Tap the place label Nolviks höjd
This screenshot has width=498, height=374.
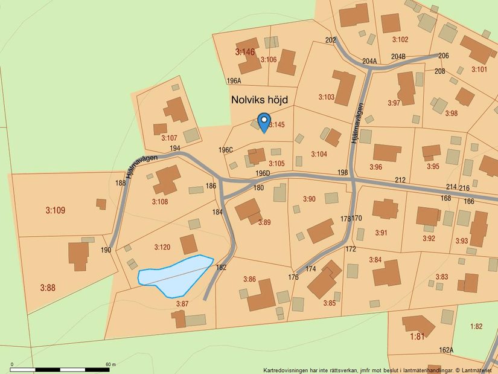pyautogui.click(x=260, y=100)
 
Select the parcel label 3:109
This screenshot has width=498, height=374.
pyautogui.click(x=55, y=210)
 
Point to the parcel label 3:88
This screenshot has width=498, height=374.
pyautogui.click(x=48, y=288)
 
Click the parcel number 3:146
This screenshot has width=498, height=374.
pyautogui.click(x=245, y=52)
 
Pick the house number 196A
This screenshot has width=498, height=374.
pyautogui.click(x=234, y=80)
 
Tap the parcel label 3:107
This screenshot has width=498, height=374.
pyautogui.click(x=169, y=138)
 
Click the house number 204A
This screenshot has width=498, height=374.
pyautogui.click(x=369, y=61)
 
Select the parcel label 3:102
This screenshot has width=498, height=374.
pyautogui.click(x=400, y=39)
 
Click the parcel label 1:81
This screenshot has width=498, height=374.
pyautogui.click(x=418, y=336)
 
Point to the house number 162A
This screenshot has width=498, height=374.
pyautogui.click(x=446, y=350)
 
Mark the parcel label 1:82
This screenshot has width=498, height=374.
pyautogui.click(x=476, y=326)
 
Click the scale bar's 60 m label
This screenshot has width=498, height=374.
pyautogui.click(x=110, y=364)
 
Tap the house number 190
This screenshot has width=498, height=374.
pyautogui.click(x=106, y=250)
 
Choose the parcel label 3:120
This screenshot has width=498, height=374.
pyautogui.click(x=162, y=247)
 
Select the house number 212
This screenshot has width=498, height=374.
pyautogui.click(x=400, y=179)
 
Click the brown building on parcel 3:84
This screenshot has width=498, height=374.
pyautogui.click(x=386, y=274)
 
